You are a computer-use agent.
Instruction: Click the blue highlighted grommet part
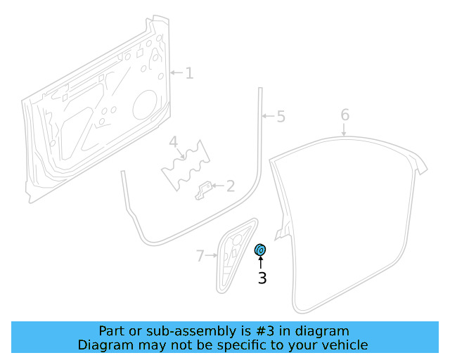259,250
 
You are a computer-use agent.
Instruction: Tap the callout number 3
262,278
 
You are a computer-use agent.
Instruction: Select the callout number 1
189,72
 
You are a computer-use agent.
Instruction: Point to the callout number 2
229,186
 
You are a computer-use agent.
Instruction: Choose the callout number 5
281,116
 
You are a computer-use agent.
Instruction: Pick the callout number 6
345,114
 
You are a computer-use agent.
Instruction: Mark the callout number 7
200,255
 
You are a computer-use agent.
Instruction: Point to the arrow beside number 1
176,72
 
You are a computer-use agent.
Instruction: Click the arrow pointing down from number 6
345,129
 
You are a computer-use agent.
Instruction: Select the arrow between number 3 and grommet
260,263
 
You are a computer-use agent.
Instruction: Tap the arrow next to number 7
212,255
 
